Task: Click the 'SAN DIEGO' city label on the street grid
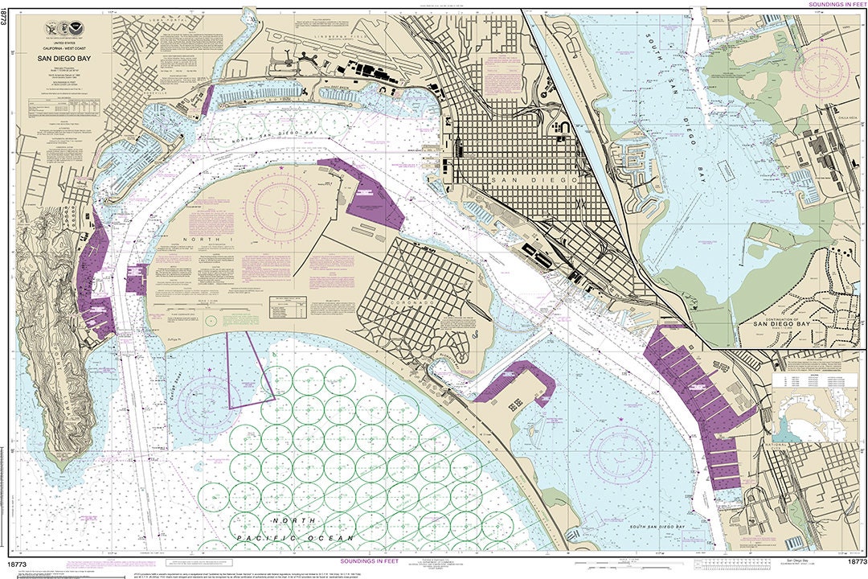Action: pyautogui.click(x=535, y=181)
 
